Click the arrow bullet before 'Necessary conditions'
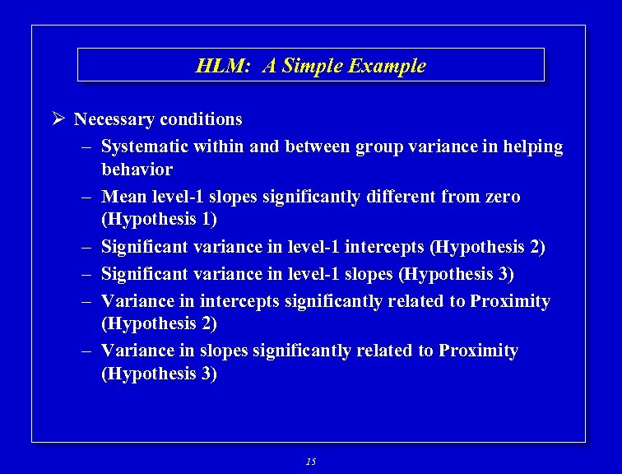[x=58, y=120]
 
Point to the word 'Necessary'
[x=114, y=120]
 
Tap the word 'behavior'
[x=137, y=170]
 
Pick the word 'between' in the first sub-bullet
[x=317, y=147]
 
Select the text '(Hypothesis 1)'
[x=159, y=220]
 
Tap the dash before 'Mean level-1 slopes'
[x=86, y=197]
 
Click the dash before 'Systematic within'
[x=86, y=147]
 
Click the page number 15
[x=310, y=462]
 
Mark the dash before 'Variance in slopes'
[x=86, y=351]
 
